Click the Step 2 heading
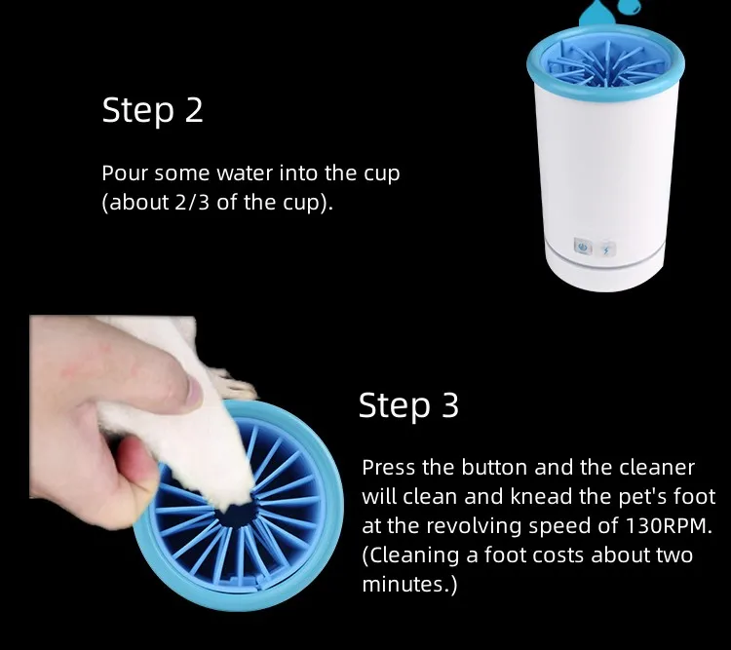pos(152,110)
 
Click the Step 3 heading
pos(408,405)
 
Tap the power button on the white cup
pos(582,246)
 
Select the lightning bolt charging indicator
pos(606,250)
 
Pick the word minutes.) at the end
pos(409,585)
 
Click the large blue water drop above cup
pos(596,14)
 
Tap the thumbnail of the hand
pos(194,391)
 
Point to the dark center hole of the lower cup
pos(238,516)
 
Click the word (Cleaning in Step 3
pos(410,555)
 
